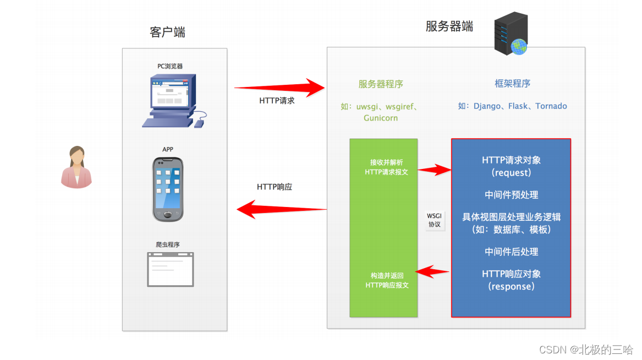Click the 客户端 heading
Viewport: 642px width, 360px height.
coord(167,32)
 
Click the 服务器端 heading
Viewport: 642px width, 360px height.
coord(449,26)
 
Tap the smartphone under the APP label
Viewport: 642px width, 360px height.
coord(168,189)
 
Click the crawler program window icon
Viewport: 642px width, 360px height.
coord(170,269)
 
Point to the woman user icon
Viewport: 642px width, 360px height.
coord(76,167)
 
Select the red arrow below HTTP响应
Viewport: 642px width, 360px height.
coord(282,209)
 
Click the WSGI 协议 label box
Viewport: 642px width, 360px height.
coord(434,220)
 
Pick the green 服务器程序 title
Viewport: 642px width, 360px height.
coord(381,84)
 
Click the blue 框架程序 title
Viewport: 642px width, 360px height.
coord(512,84)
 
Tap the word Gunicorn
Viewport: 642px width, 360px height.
coord(380,118)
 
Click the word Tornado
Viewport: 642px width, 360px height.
coord(551,106)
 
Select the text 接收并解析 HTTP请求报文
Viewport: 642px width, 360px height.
coord(387,167)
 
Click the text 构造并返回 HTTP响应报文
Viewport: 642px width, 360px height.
coord(387,280)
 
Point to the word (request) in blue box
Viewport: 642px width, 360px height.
coord(511,173)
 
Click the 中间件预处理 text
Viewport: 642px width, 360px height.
coord(511,195)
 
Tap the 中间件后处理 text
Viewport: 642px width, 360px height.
coord(511,252)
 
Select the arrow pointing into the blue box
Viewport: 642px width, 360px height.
coord(435,170)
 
